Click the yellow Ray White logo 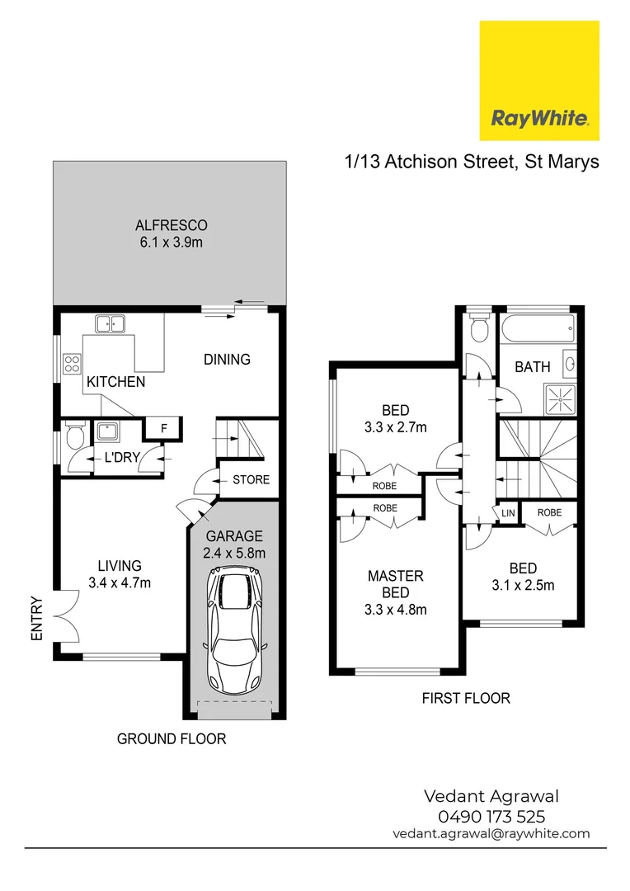539,80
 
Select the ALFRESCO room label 171,225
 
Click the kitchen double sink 110,323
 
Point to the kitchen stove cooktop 72,364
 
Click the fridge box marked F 164,428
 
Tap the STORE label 251,479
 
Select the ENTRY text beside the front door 36,618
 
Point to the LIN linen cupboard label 507,512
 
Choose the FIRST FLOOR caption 466,698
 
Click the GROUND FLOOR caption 171,738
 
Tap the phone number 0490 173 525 491,816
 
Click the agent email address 491,833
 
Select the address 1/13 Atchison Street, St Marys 471,161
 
